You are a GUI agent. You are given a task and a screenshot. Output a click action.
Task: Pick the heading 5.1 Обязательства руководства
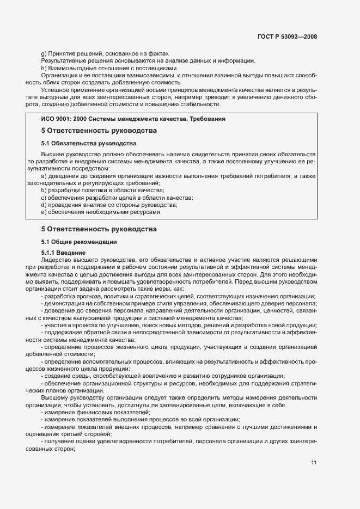point(89,144)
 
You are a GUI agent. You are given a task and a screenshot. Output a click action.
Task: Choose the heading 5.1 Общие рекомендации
point(81,242)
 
